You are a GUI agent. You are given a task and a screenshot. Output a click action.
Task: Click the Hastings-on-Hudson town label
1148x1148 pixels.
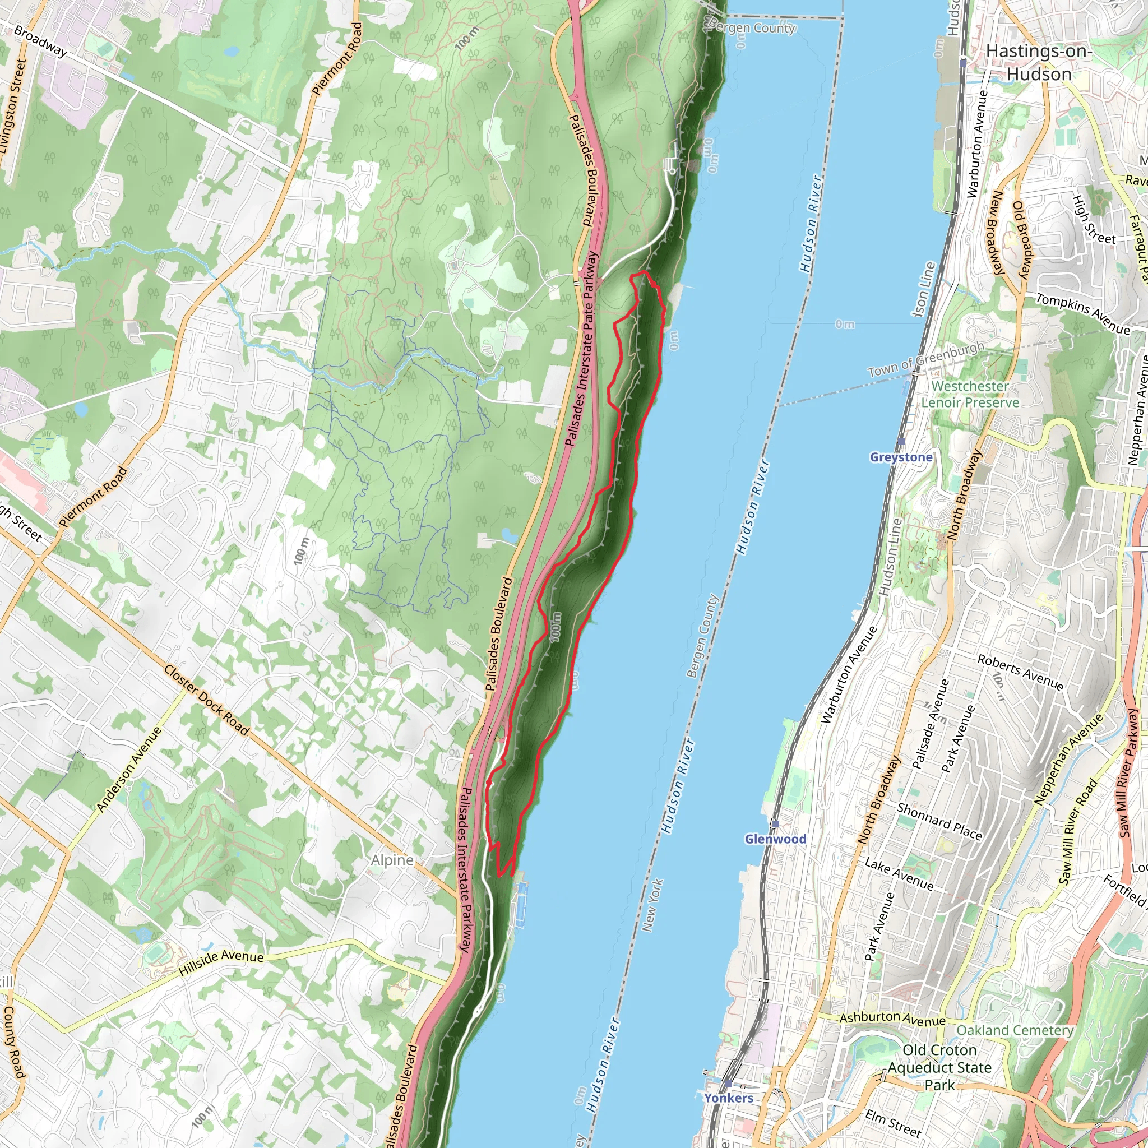[x=1039, y=62]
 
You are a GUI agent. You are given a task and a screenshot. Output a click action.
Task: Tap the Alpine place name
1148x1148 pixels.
[x=392, y=860]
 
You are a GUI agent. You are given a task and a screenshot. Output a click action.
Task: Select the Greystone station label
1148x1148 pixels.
[x=901, y=457]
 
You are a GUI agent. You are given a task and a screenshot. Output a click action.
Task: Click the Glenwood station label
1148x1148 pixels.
[x=775, y=839]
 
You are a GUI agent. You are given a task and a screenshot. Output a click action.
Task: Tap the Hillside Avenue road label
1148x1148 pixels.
[x=221, y=964]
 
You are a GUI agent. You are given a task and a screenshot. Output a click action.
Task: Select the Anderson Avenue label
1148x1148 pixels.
[x=129, y=769]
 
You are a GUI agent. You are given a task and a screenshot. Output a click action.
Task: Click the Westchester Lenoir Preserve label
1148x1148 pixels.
[x=970, y=394]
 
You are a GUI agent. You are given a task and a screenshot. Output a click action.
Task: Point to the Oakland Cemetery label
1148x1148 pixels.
[x=1015, y=1030]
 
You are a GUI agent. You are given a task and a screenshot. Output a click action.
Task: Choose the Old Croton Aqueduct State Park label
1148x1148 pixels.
[x=939, y=1067]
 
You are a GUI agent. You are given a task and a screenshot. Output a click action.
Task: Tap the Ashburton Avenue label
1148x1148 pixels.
[x=892, y=1019]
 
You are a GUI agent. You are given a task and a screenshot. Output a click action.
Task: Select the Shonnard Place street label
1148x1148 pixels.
[x=939, y=821]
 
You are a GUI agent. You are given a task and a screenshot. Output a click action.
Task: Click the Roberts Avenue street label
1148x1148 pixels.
[x=1020, y=672]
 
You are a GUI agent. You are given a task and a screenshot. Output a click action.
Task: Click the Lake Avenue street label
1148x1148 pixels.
[x=899, y=873]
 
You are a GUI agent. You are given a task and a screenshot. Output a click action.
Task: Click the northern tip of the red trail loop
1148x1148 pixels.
[x=643, y=272]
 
